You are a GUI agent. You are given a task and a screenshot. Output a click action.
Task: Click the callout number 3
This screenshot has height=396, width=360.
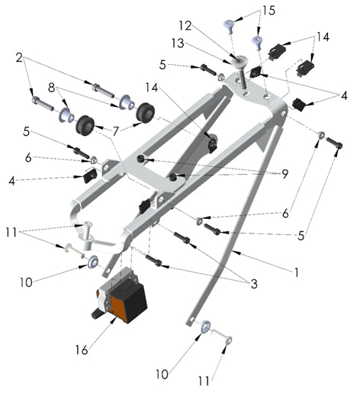pos(252,284)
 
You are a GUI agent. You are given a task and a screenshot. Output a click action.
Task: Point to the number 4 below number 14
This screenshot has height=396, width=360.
pos(343,96)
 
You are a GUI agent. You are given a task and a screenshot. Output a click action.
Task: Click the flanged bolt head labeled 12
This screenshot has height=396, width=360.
pos(240,61)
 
